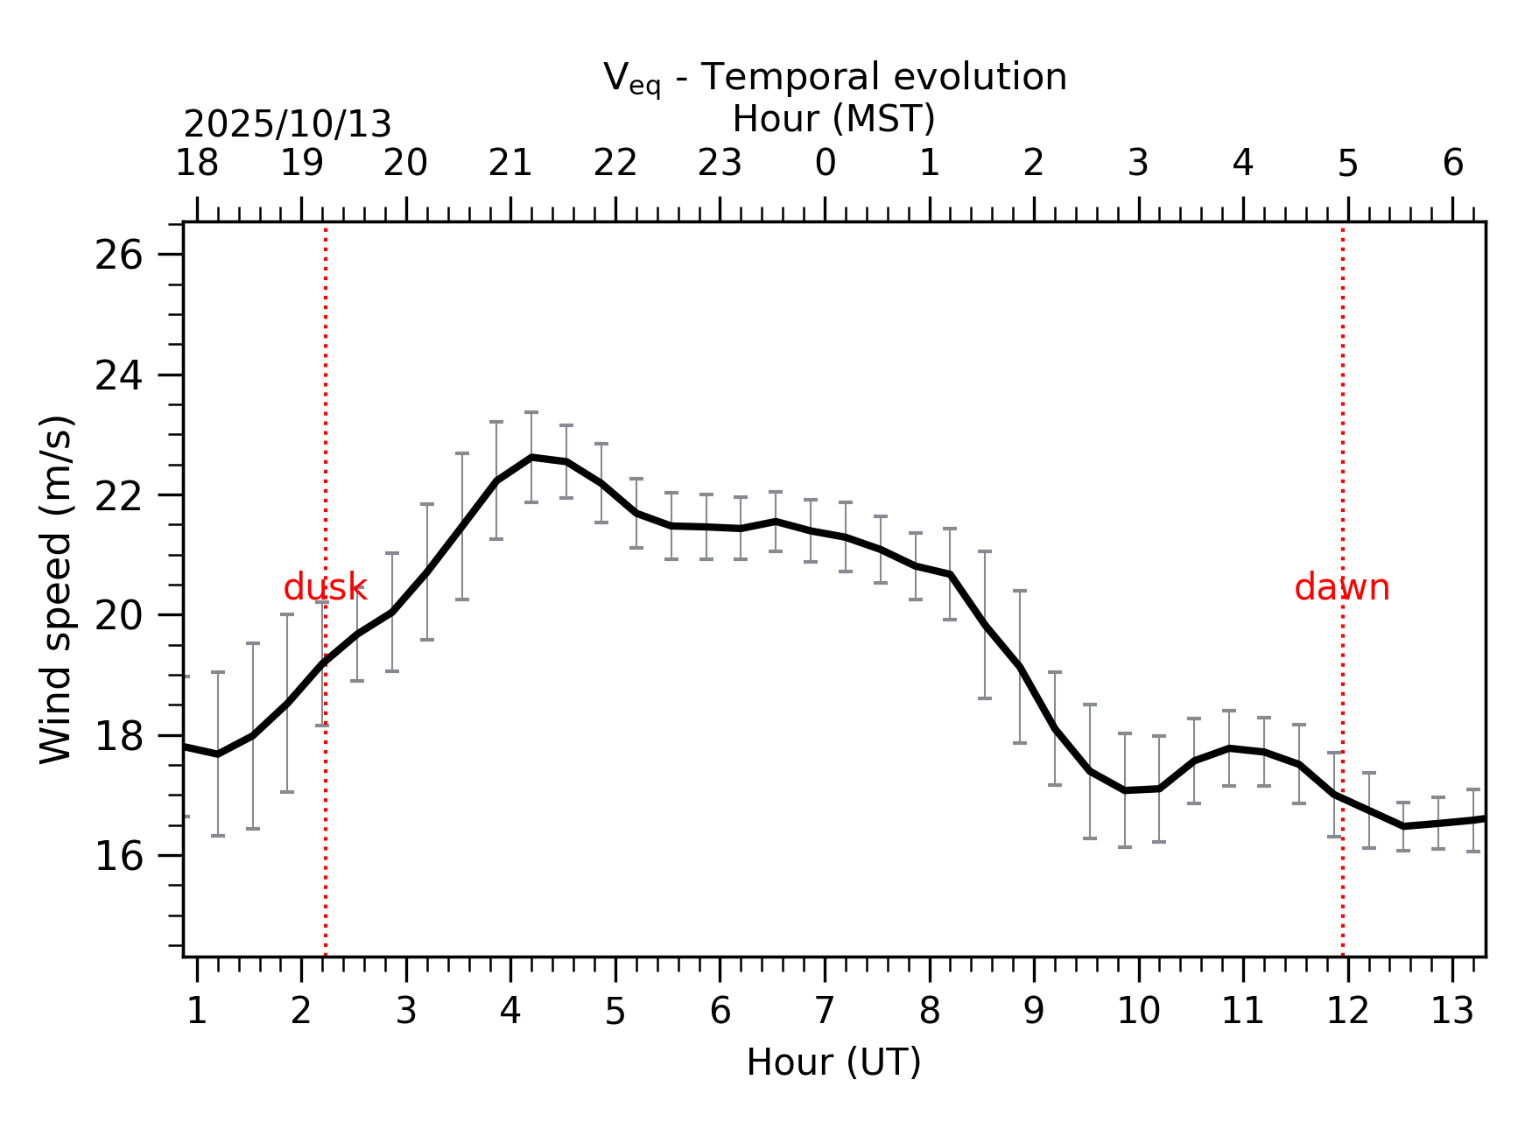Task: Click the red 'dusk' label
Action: (x=325, y=588)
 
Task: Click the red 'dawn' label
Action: (x=1341, y=588)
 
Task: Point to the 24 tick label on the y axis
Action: (x=118, y=377)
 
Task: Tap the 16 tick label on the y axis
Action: (x=118, y=857)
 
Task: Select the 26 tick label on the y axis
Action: (x=118, y=256)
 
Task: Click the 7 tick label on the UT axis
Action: (x=825, y=1012)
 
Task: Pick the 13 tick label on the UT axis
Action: (x=1452, y=1012)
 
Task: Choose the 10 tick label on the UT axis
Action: (x=1138, y=1012)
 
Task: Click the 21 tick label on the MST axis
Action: (x=510, y=164)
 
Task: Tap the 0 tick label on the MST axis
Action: (x=825, y=164)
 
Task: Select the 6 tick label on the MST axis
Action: (x=1452, y=164)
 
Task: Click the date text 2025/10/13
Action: (x=287, y=125)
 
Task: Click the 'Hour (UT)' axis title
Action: (x=833, y=1062)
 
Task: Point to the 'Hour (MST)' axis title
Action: (x=833, y=119)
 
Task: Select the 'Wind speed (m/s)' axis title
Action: (x=57, y=589)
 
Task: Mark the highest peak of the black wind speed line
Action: (x=531, y=457)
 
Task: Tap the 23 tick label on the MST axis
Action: (x=720, y=164)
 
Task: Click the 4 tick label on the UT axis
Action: (x=510, y=1012)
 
